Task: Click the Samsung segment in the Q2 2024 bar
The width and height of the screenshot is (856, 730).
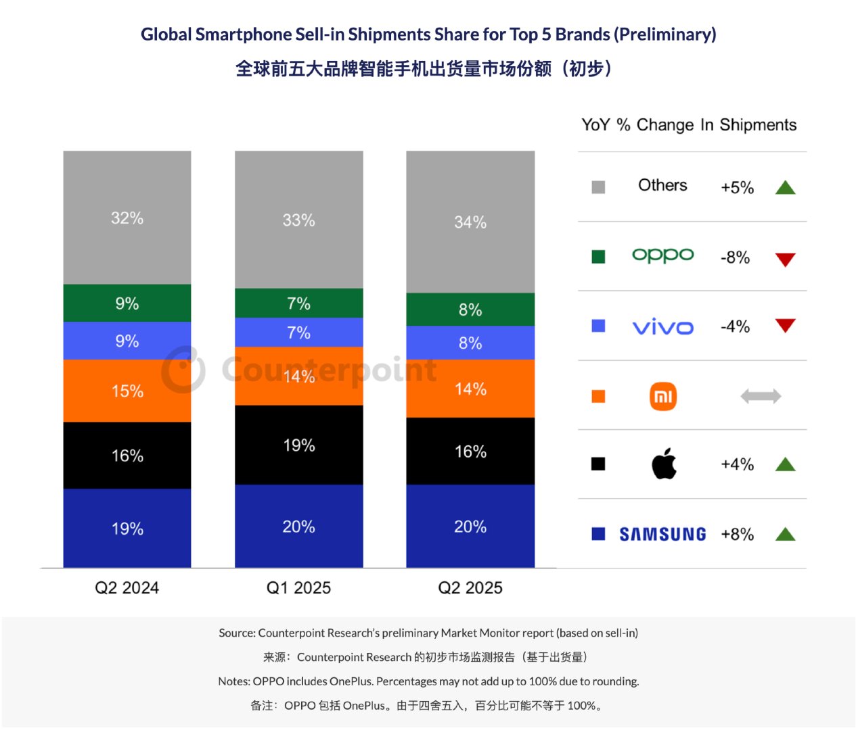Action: [127, 528]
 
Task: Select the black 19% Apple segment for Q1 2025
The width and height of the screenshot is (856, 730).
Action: [298, 445]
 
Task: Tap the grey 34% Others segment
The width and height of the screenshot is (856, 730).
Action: [470, 222]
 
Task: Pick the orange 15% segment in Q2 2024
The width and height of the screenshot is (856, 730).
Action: [127, 391]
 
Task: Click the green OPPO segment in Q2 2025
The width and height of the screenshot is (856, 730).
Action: [470, 310]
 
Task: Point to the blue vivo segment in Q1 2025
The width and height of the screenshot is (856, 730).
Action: [298, 333]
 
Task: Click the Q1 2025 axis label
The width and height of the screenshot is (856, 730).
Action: [298, 587]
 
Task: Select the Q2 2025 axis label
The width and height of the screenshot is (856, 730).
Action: [470, 587]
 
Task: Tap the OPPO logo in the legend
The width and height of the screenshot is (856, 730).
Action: [662, 255]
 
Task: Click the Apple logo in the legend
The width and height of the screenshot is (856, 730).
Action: [664, 463]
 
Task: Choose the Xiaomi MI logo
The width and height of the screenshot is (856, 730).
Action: [663, 396]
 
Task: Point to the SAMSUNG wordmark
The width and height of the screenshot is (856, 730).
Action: [662, 534]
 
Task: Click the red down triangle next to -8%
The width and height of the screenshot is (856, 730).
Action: [785, 260]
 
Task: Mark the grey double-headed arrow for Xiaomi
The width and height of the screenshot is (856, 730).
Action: [761, 396]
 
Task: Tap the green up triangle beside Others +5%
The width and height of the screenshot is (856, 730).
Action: [785, 187]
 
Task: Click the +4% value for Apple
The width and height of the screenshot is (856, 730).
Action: [737, 464]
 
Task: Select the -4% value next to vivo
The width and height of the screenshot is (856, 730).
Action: [735, 326]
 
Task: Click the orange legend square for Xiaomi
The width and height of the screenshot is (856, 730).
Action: [598, 396]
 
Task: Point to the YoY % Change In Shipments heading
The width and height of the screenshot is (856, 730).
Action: [689, 125]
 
